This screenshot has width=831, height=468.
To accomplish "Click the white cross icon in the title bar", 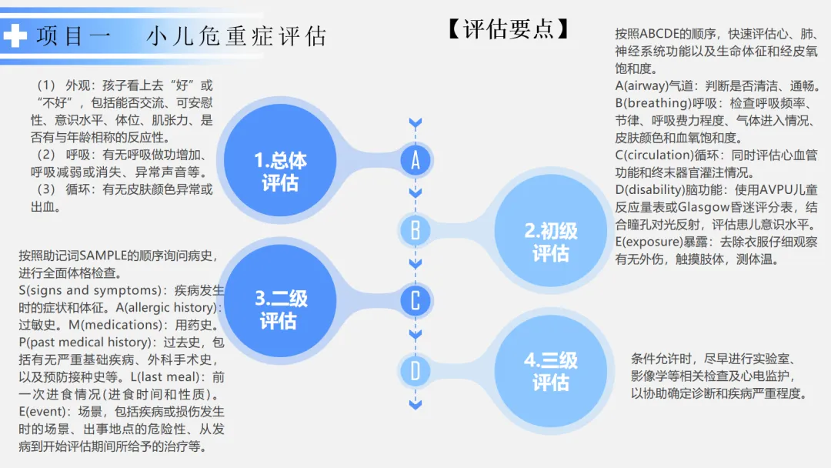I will [15, 35].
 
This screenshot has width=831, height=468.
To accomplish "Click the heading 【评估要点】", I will [509, 28].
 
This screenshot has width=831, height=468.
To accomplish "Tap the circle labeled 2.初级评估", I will [550, 241].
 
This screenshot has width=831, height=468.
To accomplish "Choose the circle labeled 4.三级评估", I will [550, 371].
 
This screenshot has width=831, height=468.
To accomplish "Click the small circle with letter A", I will [415, 160].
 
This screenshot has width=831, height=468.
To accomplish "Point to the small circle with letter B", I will [415, 230].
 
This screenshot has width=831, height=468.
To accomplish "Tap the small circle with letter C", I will [415, 300].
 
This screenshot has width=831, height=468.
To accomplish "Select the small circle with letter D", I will [415, 371].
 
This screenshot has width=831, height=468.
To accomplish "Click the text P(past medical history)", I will [84, 343].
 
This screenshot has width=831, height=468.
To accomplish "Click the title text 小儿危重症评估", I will [236, 36].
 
